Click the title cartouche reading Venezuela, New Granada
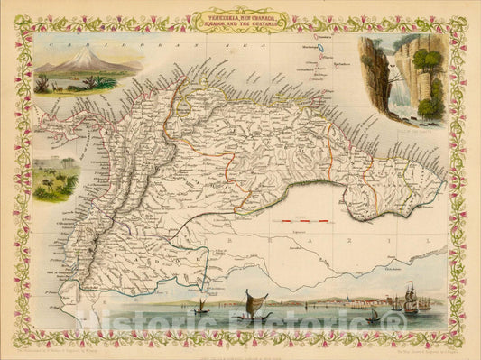[241, 19]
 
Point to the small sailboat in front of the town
[373, 315]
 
